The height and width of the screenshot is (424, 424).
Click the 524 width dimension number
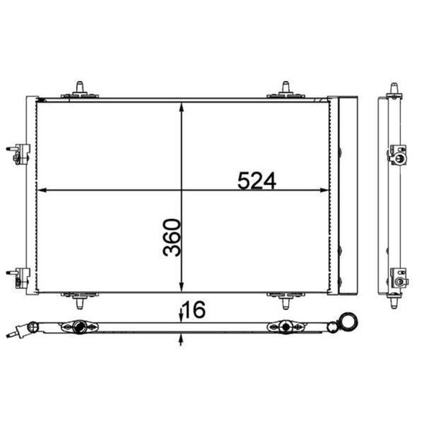(257, 180)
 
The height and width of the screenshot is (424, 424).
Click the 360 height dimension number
(172, 237)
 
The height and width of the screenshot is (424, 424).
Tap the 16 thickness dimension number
(194, 310)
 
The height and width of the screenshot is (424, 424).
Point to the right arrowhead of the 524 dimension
(325, 190)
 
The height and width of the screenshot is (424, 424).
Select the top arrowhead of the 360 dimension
(182, 107)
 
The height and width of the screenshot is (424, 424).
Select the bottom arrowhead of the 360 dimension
(182, 287)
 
